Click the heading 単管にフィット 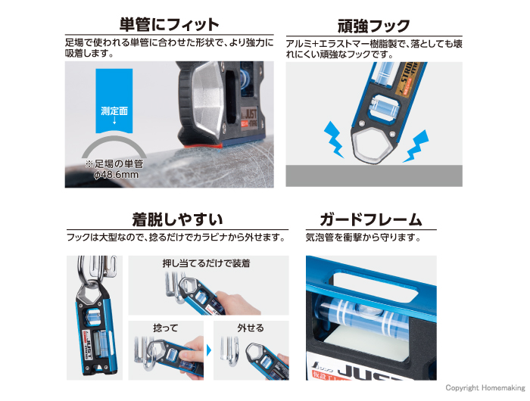(x=169, y=24)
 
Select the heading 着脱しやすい (x=177, y=220)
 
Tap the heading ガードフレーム (x=371, y=220)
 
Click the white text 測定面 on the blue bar (x=114, y=111)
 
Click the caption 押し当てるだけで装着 (x=206, y=264)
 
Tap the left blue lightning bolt (x=335, y=136)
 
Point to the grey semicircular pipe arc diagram (x=114, y=148)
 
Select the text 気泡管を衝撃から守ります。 (x=362, y=238)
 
